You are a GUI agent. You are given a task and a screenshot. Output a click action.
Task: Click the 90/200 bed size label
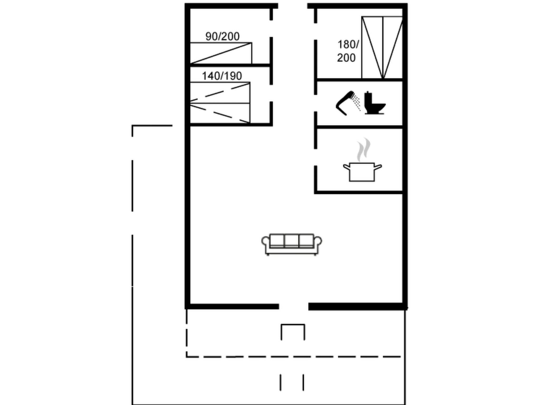coord(222,36)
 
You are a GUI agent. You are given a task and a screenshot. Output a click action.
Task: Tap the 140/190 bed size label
coord(222,76)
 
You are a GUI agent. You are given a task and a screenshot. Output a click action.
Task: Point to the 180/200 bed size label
coord(348,51)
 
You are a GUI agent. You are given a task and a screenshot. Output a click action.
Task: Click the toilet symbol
coord(374,103)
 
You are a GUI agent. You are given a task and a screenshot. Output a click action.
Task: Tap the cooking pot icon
coord(362,172)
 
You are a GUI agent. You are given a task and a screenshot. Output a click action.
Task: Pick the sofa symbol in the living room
coord(291,244)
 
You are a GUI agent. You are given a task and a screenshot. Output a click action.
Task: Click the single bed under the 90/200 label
coord(221,53)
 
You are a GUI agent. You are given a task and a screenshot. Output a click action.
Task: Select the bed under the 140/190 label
coord(220,103)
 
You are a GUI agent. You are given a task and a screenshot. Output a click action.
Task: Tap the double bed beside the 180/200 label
coord(382,47)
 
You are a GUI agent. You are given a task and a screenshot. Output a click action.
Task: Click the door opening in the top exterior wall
coord(293,6)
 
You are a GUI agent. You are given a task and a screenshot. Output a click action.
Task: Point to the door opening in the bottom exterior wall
coord(293,306)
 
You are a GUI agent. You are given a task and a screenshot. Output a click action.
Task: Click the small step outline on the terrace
coord(293,332)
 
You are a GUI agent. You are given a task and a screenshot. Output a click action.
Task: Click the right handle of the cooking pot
coord(378,167)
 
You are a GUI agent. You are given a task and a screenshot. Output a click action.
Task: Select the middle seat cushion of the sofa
coord(291,240)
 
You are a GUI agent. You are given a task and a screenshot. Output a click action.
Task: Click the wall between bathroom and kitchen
coord(359,127)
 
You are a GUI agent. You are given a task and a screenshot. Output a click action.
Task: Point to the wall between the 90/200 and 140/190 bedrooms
coord(230,65)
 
